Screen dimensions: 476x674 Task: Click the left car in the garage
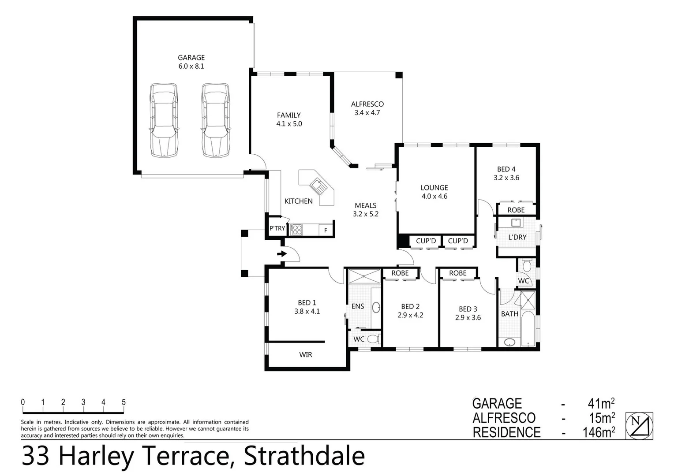pos(164,120)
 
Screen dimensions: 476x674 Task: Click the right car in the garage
pos(216,120)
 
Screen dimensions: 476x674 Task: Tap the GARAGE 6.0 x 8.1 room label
pos(191,62)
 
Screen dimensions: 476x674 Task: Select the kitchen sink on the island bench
pos(318,186)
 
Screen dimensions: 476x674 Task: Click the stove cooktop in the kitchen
pos(296,230)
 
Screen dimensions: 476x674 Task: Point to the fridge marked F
pos(326,230)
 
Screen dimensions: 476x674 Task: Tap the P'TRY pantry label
pos(277,228)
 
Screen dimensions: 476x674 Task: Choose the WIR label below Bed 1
pos(305,355)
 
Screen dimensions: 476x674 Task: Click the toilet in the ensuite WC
pos(373,339)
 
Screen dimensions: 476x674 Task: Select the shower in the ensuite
pos(364,276)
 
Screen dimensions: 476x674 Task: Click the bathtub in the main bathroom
pos(528,329)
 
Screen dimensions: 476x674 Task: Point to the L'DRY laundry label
pos(517,237)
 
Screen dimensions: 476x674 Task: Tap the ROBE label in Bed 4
pos(516,210)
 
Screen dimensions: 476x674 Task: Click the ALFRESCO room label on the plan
pos(367,104)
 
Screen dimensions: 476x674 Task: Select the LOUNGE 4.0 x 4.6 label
pos(434,192)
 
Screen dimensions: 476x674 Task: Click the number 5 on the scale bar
pos(124,402)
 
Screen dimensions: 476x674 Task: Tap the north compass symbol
pos(639,426)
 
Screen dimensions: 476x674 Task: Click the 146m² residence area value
pos(599,432)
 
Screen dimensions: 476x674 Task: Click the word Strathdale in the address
pos(304,457)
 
